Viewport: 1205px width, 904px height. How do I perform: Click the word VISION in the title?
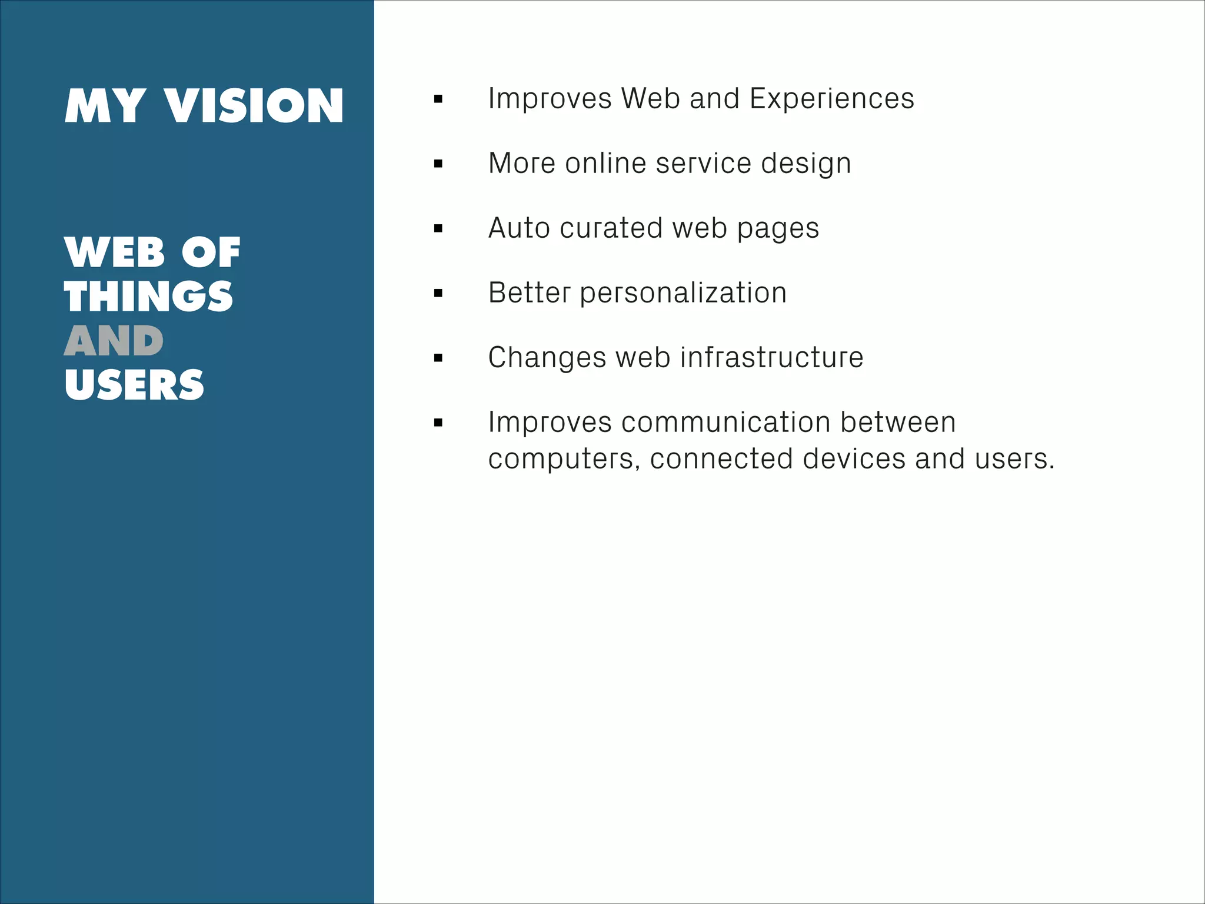click(x=254, y=107)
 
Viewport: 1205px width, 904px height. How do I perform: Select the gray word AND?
click(x=114, y=341)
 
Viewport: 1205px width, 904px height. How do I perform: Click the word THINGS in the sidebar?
click(x=148, y=297)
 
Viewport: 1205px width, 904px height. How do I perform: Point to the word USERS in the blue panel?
click(x=134, y=385)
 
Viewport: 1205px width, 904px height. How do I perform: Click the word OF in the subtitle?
click(x=211, y=253)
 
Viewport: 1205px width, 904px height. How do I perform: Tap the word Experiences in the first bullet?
click(x=832, y=98)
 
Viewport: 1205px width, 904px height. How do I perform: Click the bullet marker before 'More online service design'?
click(x=438, y=164)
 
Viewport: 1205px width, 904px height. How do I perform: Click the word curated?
click(x=611, y=228)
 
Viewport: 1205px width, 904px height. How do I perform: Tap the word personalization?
click(x=683, y=293)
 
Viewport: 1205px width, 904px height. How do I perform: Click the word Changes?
click(x=547, y=358)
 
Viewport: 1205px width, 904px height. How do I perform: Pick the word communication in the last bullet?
click(x=726, y=422)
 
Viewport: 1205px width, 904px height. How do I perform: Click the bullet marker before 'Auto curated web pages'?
click(x=438, y=228)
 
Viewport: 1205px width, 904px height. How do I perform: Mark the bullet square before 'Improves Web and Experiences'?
click(x=438, y=99)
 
